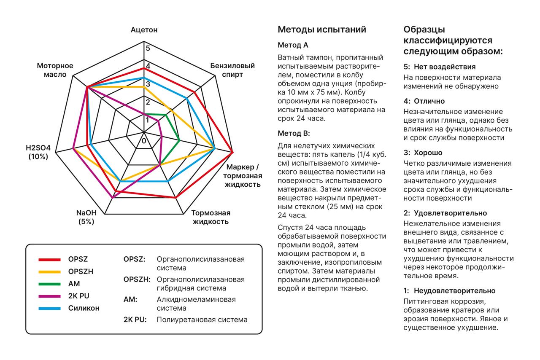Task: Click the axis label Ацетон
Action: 144,30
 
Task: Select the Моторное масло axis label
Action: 55,70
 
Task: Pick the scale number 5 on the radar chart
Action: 148,48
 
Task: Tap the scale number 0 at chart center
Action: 144,140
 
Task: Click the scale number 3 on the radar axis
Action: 148,84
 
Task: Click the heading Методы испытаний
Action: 322,30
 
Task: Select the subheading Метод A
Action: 293,45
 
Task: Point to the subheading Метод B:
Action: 294,133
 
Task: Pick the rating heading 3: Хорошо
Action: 423,153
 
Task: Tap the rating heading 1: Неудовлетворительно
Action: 449,291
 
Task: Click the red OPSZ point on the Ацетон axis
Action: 144,68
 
